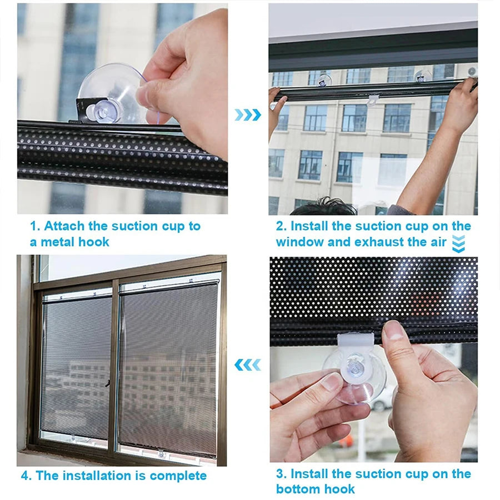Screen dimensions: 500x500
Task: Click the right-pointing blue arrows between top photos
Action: tap(247, 115)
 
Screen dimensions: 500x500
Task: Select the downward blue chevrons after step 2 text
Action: tap(458, 243)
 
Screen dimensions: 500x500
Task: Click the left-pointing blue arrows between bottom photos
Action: tap(247, 364)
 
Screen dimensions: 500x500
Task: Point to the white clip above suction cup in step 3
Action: tap(356, 343)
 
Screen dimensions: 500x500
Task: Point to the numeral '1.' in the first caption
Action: tap(35, 226)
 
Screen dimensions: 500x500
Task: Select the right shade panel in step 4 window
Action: tap(169, 367)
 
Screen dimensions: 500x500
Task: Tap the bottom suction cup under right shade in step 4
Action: tap(162, 453)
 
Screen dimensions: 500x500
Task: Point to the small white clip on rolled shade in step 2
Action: tap(373, 99)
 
